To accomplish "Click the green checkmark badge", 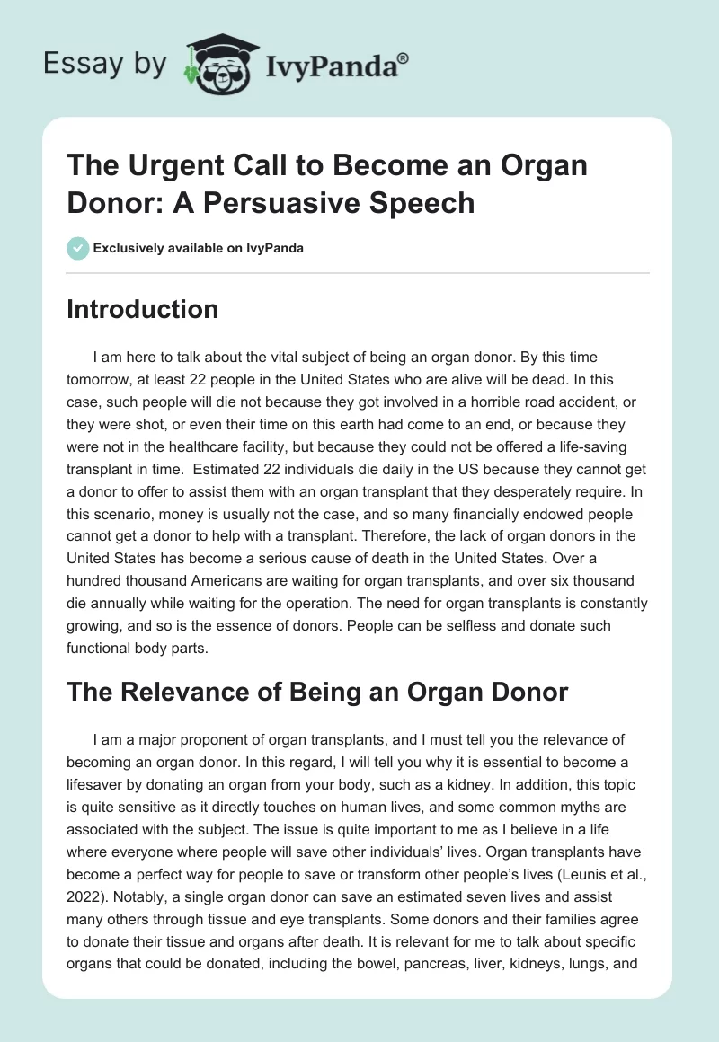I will click(77, 248).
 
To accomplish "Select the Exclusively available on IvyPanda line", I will click(198, 249).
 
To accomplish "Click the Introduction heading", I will click(143, 310).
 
